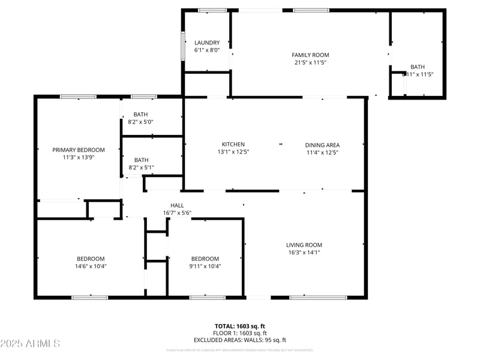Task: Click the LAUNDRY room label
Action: (207, 43)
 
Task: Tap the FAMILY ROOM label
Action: (310, 55)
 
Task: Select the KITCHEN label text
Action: (233, 145)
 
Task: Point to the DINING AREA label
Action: (322, 145)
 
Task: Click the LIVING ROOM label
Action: (304, 245)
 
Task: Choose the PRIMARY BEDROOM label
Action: (78, 150)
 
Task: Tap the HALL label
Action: (177, 205)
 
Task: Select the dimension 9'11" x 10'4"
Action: (206, 266)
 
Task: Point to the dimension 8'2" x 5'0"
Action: (141, 122)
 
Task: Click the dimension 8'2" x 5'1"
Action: (141, 167)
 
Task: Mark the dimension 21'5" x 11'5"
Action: (310, 62)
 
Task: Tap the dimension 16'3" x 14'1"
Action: (304, 253)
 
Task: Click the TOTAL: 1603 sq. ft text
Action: (240, 326)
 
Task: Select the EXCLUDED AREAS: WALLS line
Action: (240, 340)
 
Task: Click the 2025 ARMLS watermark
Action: (30, 344)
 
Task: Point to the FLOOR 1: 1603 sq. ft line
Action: (240, 333)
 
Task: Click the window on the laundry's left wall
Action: (183, 46)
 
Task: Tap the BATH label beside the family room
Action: (417, 67)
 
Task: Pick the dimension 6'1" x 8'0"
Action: (207, 50)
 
